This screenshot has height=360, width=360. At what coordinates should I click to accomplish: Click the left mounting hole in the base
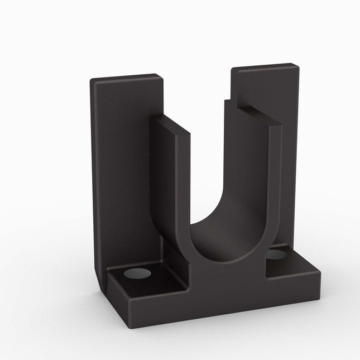click(137, 273)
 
